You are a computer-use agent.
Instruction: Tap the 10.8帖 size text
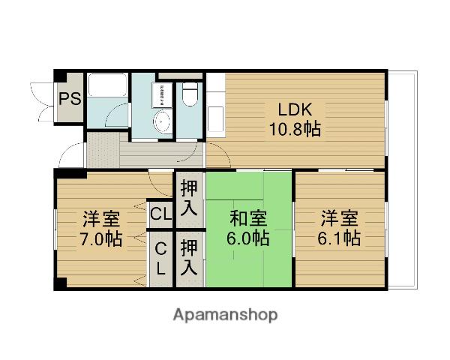[295, 128]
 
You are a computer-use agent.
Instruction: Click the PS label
[70, 98]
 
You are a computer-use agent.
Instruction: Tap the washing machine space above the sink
[160, 94]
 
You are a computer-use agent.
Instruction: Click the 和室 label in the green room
[249, 219]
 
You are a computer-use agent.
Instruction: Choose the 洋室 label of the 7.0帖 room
[101, 219]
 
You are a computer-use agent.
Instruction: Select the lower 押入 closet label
[190, 256]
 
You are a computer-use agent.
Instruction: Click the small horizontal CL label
[160, 214]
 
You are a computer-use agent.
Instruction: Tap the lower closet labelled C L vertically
[160, 256]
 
